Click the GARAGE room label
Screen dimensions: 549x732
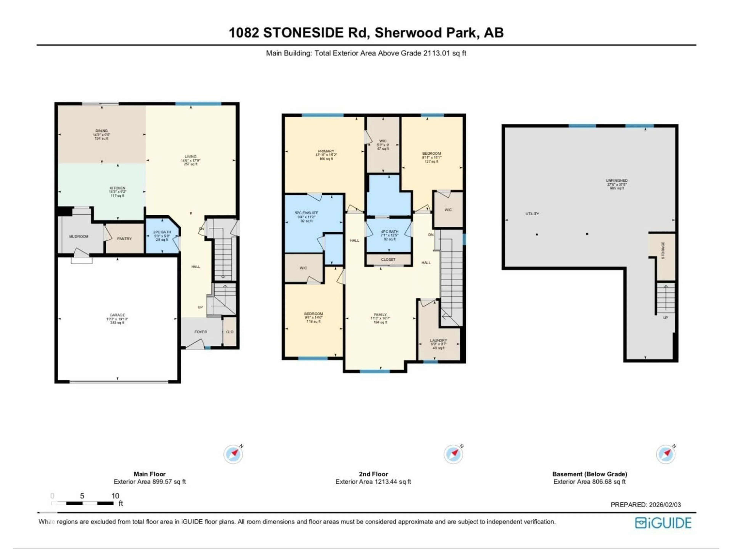click(x=117, y=315)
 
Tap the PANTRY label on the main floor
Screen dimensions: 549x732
click(x=124, y=239)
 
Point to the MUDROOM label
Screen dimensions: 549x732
click(x=79, y=236)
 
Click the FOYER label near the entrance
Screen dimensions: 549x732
click(x=201, y=331)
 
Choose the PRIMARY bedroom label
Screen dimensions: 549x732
click(x=326, y=151)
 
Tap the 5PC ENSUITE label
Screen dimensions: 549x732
click(x=307, y=213)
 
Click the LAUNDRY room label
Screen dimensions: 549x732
click(x=438, y=340)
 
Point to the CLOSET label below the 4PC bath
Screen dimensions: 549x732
click(x=388, y=259)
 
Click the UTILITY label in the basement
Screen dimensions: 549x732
click(x=532, y=214)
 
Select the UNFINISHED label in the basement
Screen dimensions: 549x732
click(x=616, y=180)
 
